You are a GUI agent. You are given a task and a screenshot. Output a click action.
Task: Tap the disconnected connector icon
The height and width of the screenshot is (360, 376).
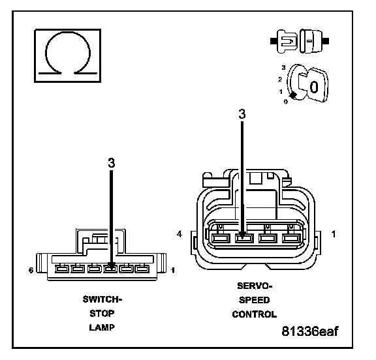300,41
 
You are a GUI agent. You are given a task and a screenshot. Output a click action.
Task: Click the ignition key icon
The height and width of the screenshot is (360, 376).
307,83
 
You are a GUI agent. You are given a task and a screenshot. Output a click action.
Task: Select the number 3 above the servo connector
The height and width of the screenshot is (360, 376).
242,114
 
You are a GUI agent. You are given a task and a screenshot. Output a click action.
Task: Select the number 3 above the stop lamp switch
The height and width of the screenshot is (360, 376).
112,163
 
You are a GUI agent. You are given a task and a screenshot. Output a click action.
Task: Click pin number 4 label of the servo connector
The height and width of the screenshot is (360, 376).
180,233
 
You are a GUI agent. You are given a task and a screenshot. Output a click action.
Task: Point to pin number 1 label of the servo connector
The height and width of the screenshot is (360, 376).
334,234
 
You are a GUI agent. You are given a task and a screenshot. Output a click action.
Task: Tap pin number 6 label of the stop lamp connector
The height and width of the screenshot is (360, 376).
31,270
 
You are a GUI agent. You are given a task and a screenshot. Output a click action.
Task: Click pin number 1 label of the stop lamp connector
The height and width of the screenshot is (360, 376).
172,271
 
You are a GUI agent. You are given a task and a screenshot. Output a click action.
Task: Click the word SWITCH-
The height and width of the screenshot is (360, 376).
102,299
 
